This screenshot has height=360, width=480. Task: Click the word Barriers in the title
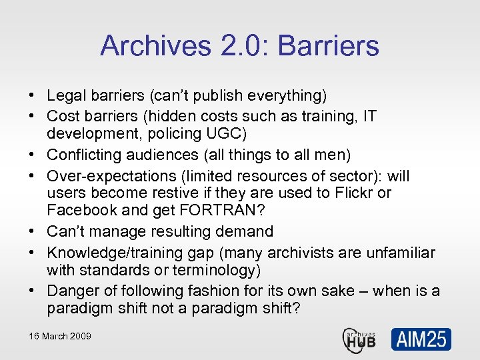point(328,46)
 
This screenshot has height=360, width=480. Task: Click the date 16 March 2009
point(60,336)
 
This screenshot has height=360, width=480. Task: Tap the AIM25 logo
point(421,339)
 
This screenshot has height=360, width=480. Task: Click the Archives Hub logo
point(359,339)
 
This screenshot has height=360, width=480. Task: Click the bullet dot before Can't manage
point(32,232)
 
